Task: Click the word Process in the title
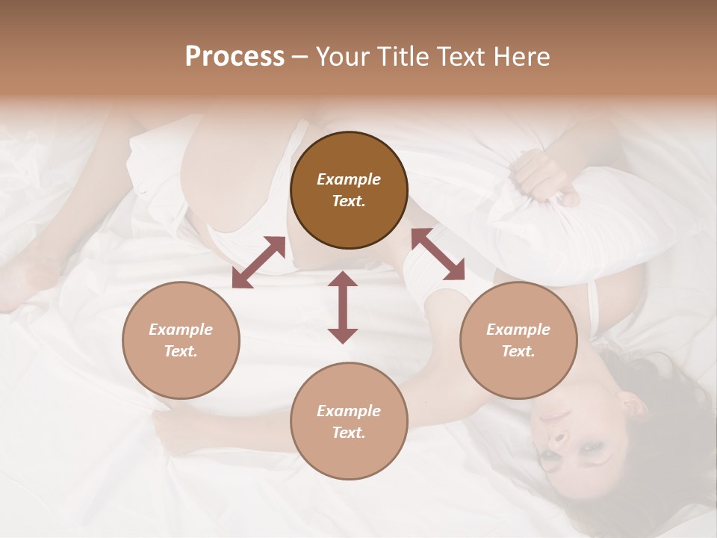click(x=235, y=57)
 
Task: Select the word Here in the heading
click(x=521, y=57)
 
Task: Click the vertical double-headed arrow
click(x=343, y=307)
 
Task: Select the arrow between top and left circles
click(x=258, y=262)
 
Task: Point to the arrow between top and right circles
click(x=438, y=254)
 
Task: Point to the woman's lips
click(x=555, y=416)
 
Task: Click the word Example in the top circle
click(x=349, y=179)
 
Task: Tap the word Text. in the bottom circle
click(x=349, y=433)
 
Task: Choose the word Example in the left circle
click(x=181, y=330)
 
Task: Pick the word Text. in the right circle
click(x=518, y=351)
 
